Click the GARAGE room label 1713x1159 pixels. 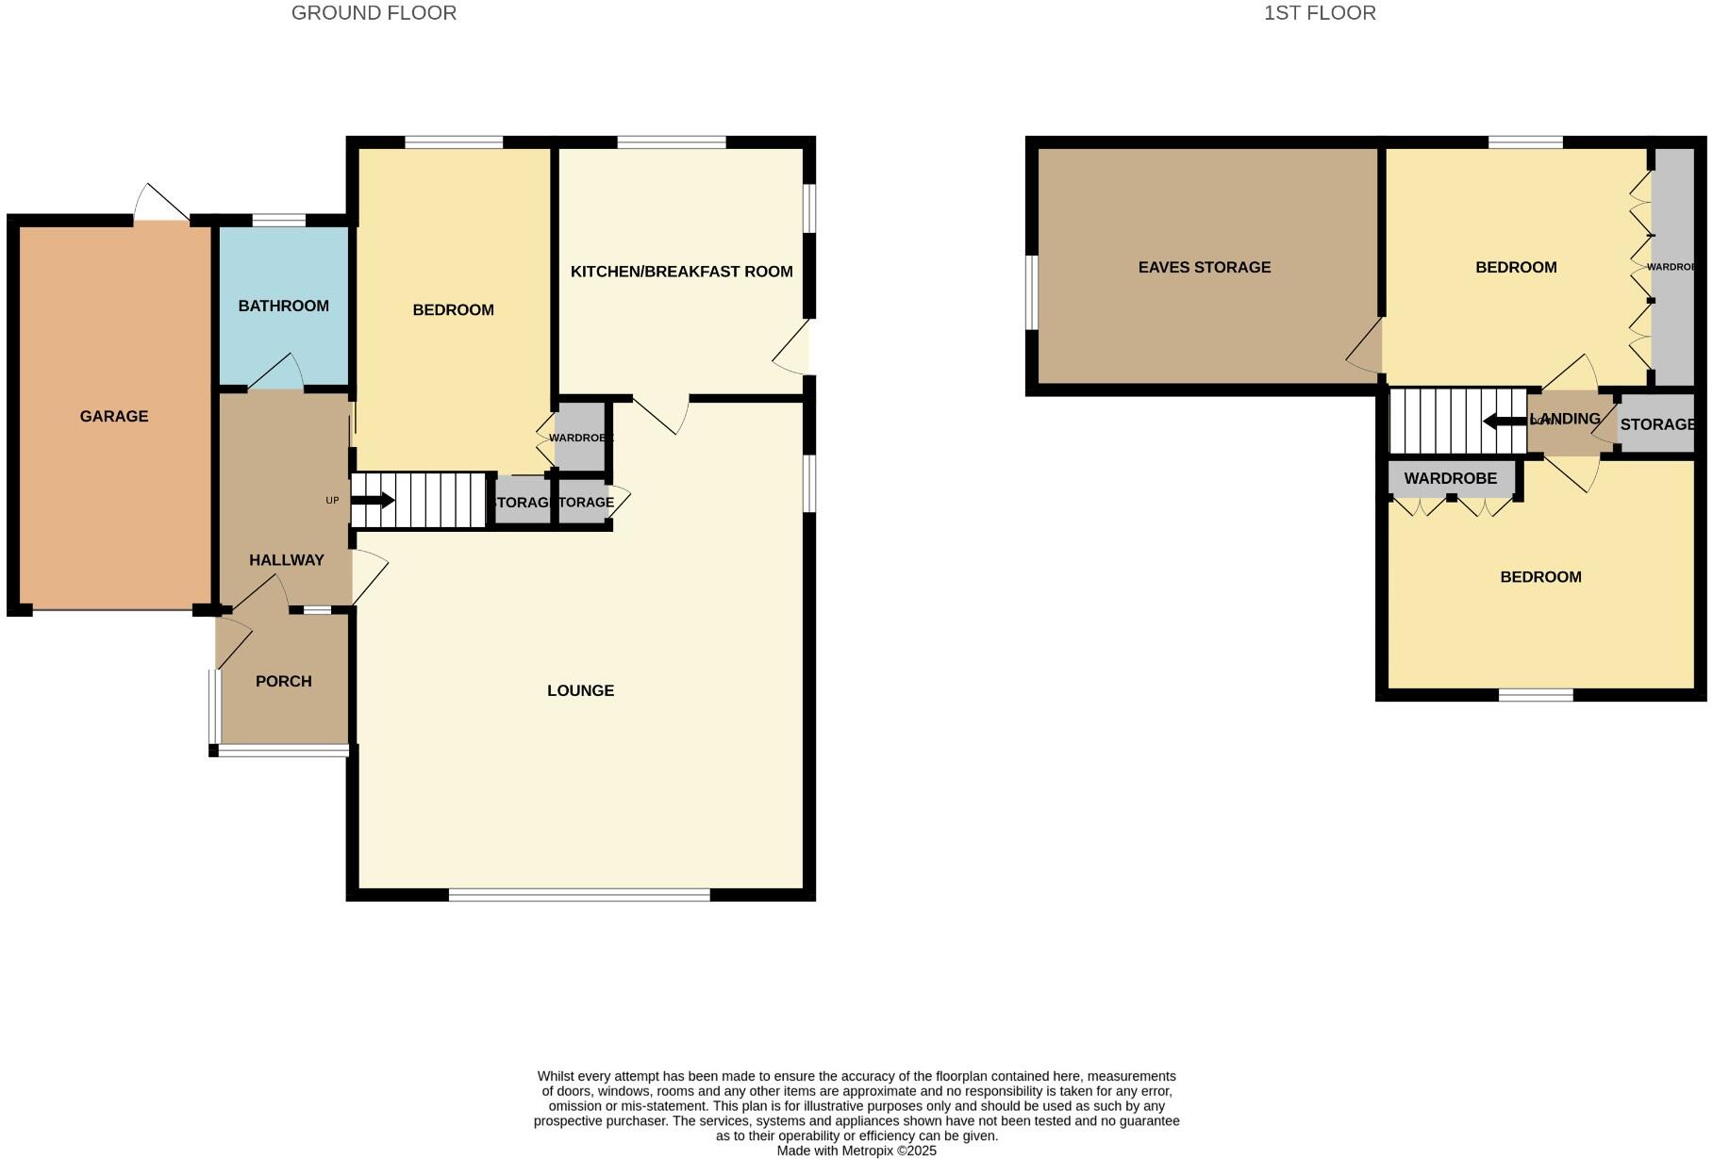[114, 416]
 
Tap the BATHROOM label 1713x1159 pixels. [283, 306]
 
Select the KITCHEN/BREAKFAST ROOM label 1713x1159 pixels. [681, 272]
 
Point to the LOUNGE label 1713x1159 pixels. [580, 690]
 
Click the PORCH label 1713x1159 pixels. [283, 681]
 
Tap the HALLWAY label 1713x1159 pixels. [286, 559]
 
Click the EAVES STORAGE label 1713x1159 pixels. [1204, 267]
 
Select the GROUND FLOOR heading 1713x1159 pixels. [374, 13]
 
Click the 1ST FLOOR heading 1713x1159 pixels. [1319, 13]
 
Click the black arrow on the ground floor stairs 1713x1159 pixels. [373, 501]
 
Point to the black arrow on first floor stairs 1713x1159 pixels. [1504, 421]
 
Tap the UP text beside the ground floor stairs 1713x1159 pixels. [332, 501]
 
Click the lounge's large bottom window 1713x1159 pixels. [579, 894]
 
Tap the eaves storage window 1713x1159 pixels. [1031, 292]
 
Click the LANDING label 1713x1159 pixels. [1569, 419]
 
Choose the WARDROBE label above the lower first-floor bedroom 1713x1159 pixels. [1450, 478]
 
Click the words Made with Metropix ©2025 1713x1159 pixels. [856, 1151]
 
